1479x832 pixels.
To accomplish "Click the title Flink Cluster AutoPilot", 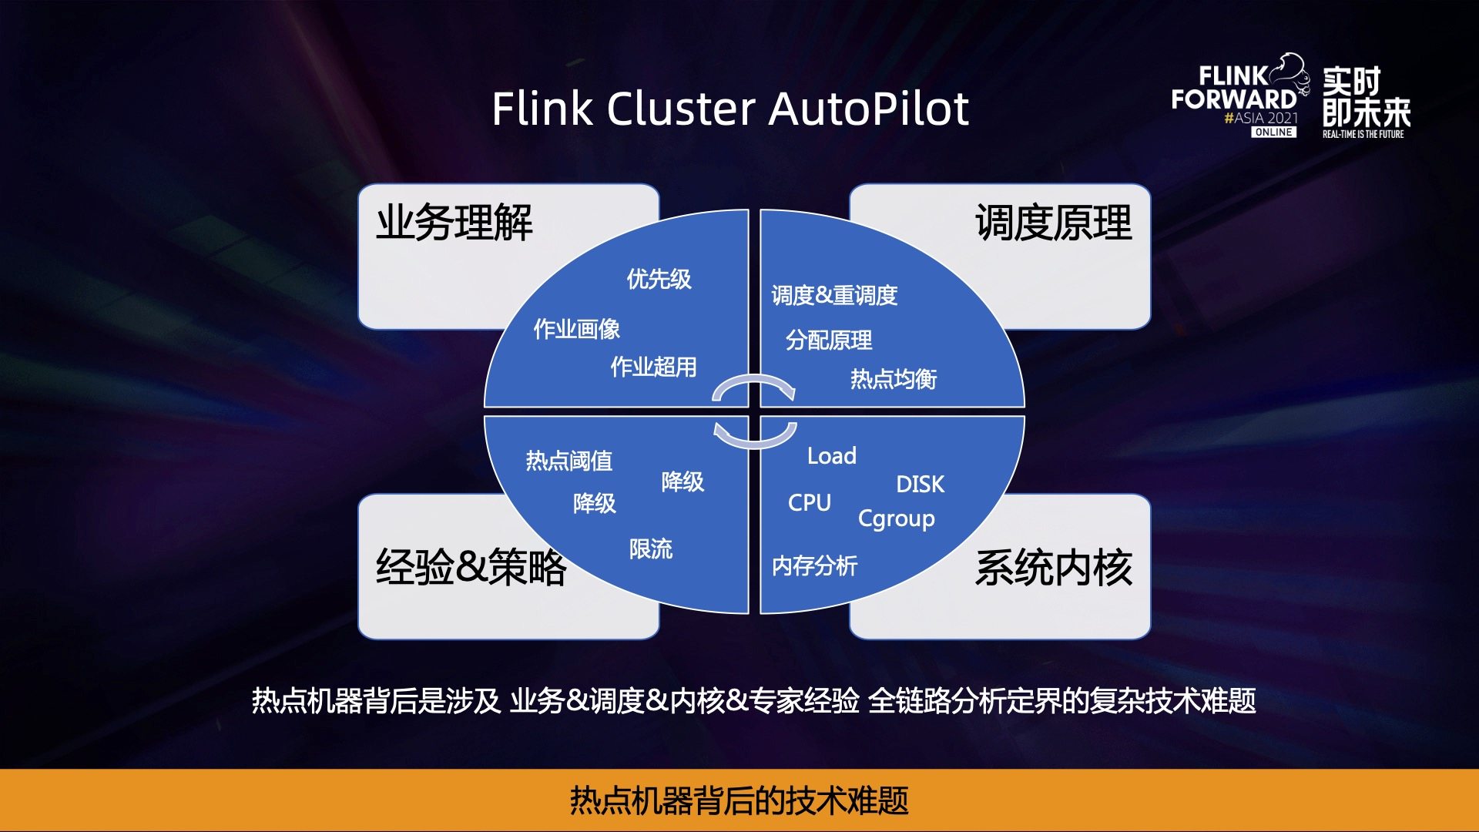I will (729, 109).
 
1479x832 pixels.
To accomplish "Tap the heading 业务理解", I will (454, 223).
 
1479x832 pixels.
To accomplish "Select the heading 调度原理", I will (1053, 223).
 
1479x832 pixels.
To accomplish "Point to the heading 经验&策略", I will (471, 568).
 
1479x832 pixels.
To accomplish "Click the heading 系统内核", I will (1053, 568).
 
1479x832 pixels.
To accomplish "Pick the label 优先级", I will (659, 279).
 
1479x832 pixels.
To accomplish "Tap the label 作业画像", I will (576, 330).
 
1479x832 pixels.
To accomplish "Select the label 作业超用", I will (653, 367).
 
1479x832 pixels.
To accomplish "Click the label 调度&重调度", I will (834, 295).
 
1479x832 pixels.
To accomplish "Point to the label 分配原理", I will (829, 340).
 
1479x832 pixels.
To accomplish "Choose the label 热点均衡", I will (893, 379).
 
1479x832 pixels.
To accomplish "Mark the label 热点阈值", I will (568, 461).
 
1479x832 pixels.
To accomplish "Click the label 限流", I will (650, 549).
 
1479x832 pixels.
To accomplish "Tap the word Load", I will (831, 456).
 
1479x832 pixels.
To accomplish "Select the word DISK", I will (920, 485).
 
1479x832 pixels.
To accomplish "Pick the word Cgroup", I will (896, 519).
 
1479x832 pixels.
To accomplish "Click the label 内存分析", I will (814, 566).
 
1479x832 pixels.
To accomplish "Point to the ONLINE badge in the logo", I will (1273, 133).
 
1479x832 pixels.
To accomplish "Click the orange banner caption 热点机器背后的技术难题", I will (739, 800).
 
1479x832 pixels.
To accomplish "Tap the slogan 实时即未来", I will (1366, 97).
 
